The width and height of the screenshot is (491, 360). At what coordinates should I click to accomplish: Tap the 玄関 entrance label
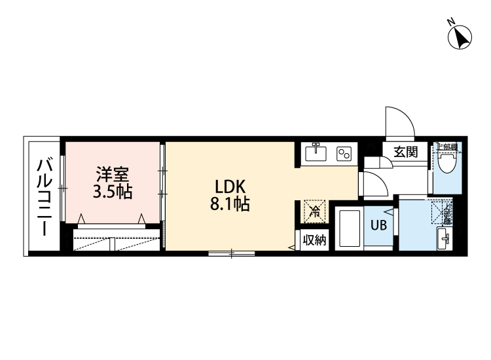click(406, 152)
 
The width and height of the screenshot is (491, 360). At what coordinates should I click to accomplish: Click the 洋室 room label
click(112, 174)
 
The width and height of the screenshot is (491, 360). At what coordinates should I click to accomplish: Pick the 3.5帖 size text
click(112, 192)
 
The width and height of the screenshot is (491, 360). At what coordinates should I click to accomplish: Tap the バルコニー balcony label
click(44, 196)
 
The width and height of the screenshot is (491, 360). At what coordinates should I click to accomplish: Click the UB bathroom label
click(379, 226)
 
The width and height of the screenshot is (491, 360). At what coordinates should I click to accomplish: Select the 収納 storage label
click(314, 240)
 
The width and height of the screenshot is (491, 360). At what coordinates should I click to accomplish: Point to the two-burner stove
click(344, 154)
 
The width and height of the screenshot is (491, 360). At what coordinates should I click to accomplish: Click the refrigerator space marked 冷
click(314, 211)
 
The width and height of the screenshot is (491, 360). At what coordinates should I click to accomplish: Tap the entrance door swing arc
click(398, 122)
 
